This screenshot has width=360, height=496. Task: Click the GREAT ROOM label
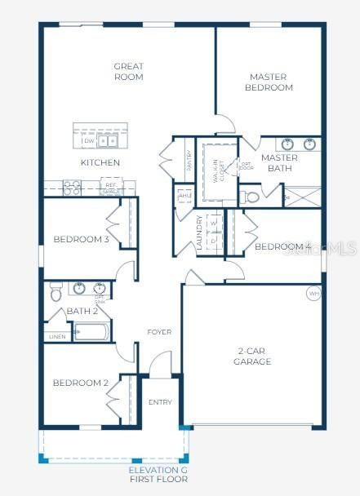128,72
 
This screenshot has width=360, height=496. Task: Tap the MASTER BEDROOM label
269,82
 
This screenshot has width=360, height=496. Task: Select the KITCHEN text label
100,162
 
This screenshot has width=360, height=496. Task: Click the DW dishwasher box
88,141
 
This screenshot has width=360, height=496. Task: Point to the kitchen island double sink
109,141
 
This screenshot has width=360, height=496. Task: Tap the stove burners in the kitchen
71,188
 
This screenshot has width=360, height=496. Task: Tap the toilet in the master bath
249,197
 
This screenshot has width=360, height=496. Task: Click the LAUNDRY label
199,232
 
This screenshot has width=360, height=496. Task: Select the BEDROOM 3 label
81,239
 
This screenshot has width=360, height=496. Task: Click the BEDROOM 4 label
282,246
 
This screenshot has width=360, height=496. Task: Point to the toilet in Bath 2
56,291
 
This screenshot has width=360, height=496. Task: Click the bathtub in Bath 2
91,332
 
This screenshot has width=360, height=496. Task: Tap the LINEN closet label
56,336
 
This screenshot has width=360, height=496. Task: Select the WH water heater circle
313,293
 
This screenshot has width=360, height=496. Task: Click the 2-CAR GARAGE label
252,356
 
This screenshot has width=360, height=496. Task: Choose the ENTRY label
160,402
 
